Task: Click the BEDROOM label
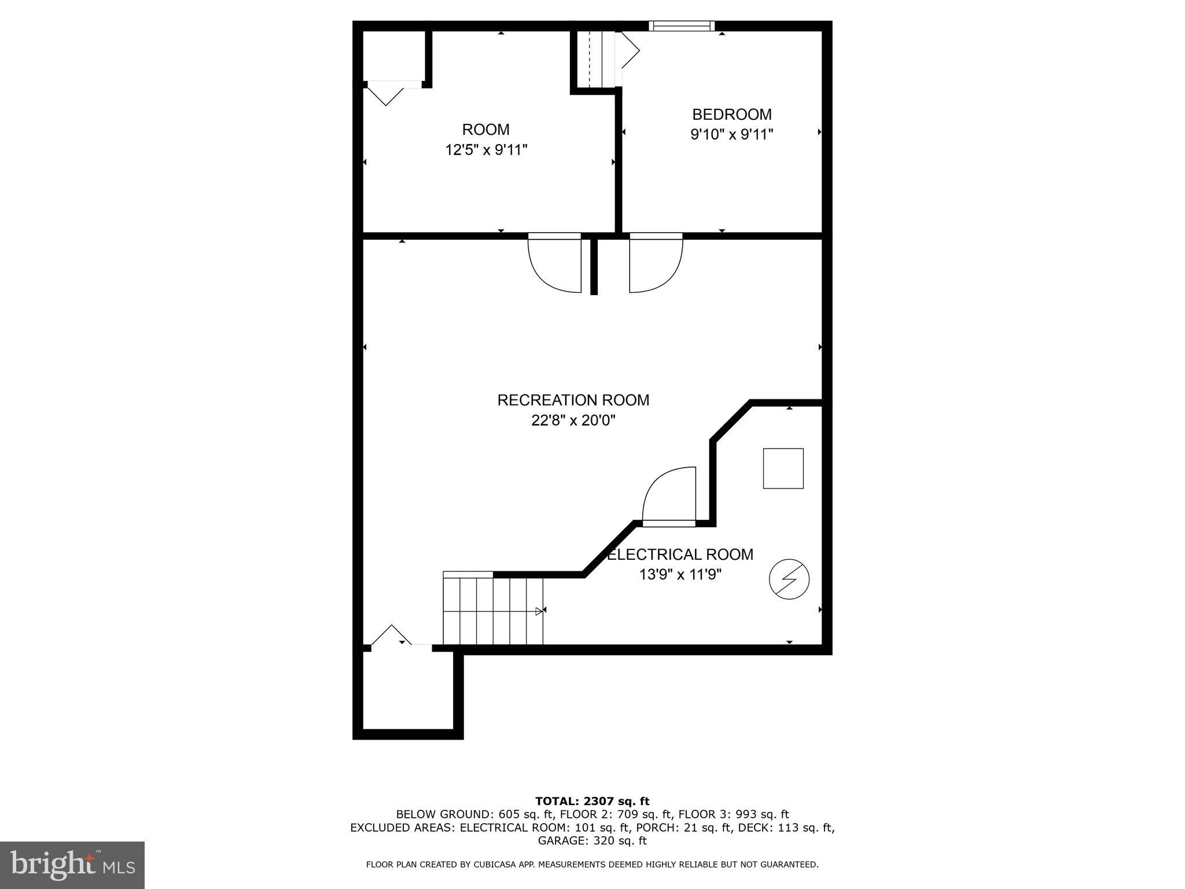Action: click(731, 115)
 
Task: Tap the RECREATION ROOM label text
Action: click(573, 400)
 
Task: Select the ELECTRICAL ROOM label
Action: click(680, 554)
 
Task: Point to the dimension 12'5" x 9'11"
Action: click(486, 150)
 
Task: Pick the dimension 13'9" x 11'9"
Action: click(680, 575)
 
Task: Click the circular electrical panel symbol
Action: click(789, 579)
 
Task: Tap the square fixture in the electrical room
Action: click(783, 468)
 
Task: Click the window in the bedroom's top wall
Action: click(682, 25)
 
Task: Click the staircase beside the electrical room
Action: click(493, 609)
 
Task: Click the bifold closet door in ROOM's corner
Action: click(386, 94)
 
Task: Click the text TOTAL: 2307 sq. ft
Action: click(592, 801)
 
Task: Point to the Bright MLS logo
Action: click(72, 865)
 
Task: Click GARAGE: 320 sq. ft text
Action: click(592, 841)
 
